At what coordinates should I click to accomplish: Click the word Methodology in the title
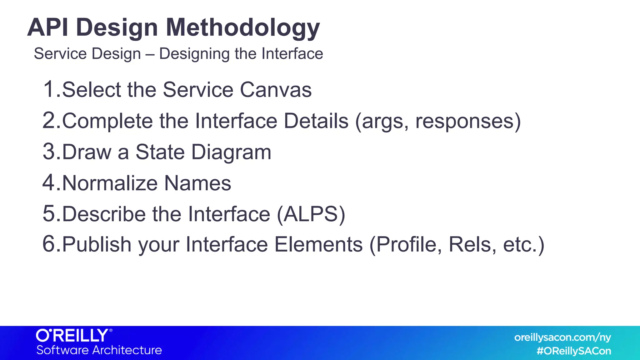(x=242, y=28)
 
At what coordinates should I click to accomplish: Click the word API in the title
(x=47, y=27)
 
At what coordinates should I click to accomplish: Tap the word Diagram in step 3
(x=231, y=152)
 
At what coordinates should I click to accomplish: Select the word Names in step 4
(x=197, y=183)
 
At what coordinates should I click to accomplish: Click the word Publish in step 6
(x=97, y=245)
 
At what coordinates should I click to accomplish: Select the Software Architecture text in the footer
(x=99, y=350)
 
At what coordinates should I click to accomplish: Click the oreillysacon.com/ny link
(x=562, y=337)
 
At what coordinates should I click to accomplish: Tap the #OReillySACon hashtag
(x=574, y=351)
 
